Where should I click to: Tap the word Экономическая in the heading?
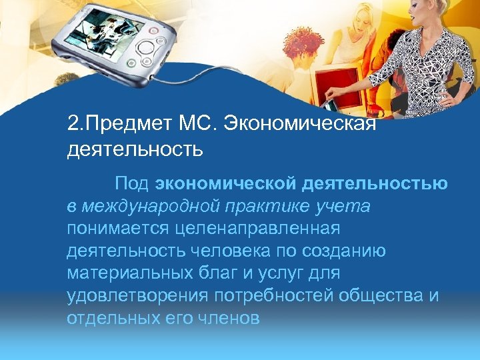(301, 124)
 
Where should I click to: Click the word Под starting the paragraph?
(132, 183)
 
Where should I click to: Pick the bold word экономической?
(226, 183)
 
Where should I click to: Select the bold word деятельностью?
(375, 183)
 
